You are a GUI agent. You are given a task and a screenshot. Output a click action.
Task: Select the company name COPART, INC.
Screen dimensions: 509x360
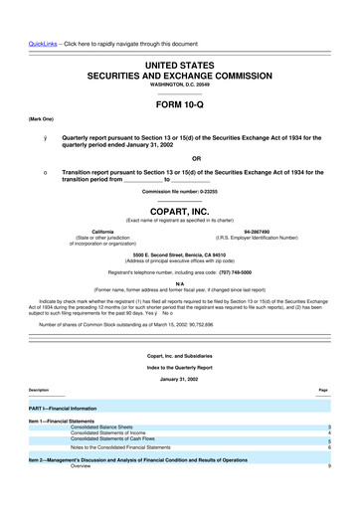[180, 211]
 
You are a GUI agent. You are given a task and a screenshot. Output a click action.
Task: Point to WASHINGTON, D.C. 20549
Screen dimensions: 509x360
[180, 85]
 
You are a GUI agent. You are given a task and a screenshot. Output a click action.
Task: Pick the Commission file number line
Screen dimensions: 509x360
[180, 190]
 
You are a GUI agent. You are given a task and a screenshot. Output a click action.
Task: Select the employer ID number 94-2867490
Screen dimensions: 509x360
[257, 231]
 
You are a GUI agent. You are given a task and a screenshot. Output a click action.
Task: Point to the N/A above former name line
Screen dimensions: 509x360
[180, 283]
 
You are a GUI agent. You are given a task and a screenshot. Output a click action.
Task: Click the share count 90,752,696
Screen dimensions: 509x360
[201, 324]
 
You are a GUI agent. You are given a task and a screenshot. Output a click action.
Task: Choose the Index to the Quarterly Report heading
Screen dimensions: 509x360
[180, 365]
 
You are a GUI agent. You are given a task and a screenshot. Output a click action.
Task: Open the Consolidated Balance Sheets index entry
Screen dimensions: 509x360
[110, 426]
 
